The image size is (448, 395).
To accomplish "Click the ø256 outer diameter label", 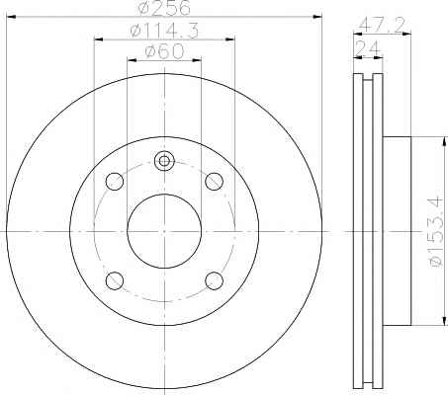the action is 164,7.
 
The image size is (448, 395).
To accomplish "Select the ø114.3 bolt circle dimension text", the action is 164,31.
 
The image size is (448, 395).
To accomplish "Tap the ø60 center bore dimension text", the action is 164,52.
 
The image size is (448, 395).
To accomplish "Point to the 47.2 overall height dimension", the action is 382,25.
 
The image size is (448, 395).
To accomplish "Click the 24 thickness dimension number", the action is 368,48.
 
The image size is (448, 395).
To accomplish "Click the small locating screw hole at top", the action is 164,161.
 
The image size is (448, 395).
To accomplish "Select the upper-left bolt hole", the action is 115,182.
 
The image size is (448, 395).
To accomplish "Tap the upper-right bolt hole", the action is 214,182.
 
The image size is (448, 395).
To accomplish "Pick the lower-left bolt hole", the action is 115,280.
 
